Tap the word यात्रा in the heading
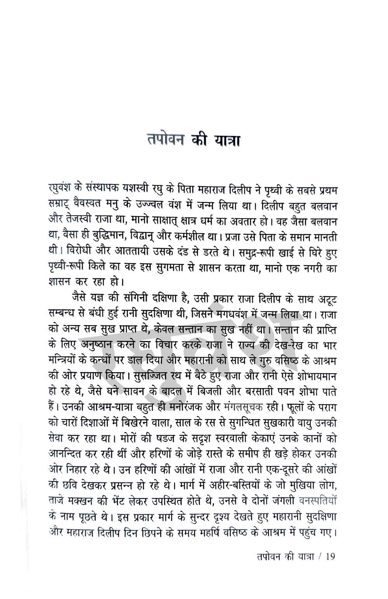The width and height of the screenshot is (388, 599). (225, 138)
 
